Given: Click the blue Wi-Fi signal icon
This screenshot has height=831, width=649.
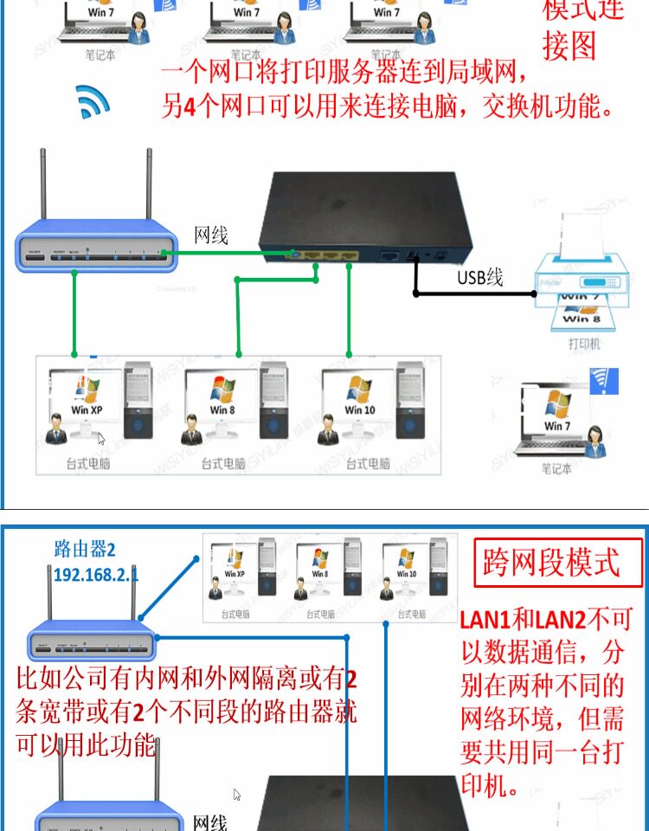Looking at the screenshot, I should pyautogui.click(x=93, y=101).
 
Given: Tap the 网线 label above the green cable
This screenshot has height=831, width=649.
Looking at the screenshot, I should pyautogui.click(x=211, y=234).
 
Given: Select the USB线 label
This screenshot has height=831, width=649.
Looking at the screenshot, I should pyautogui.click(x=480, y=277).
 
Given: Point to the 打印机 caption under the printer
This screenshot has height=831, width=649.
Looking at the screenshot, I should pyautogui.click(x=584, y=344).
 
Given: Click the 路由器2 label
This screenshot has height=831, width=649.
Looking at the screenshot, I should pyautogui.click(x=85, y=548).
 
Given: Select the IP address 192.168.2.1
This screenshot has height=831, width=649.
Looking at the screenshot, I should pyautogui.click(x=96, y=574).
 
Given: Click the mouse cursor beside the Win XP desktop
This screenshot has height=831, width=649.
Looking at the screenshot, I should pyautogui.click(x=101, y=438).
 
